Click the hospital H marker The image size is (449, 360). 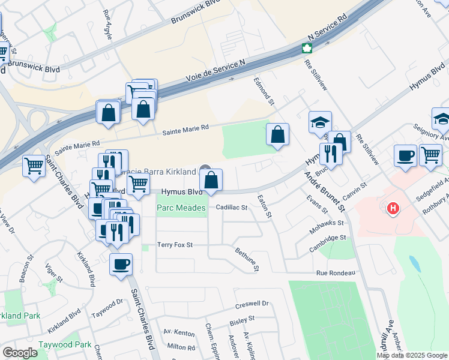[x=393, y=209]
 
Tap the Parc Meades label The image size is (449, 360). [x=181, y=208]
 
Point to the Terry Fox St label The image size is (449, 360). [x=175, y=245]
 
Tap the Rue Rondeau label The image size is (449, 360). [x=336, y=273]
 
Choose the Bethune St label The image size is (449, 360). [x=247, y=259]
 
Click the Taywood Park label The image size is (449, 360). [x=65, y=345]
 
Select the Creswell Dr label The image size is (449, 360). [x=252, y=304]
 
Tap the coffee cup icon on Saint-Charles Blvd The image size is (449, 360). [x=121, y=263]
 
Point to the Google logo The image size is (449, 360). [x=20, y=353]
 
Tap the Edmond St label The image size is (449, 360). [x=264, y=91]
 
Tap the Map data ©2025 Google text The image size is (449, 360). [x=411, y=355]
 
